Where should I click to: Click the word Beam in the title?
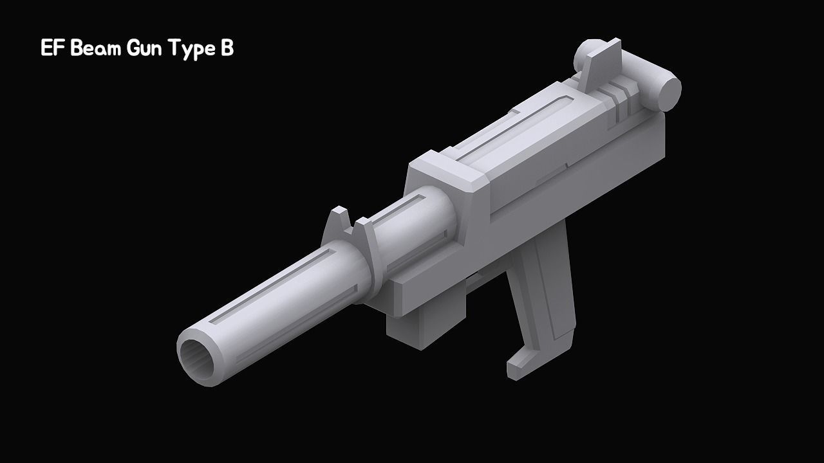tap(97, 48)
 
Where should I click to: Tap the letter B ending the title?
tap(226, 48)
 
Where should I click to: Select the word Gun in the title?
tap(145, 48)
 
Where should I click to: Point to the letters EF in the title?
tap(52, 48)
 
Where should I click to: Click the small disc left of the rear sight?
tap(583, 57)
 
